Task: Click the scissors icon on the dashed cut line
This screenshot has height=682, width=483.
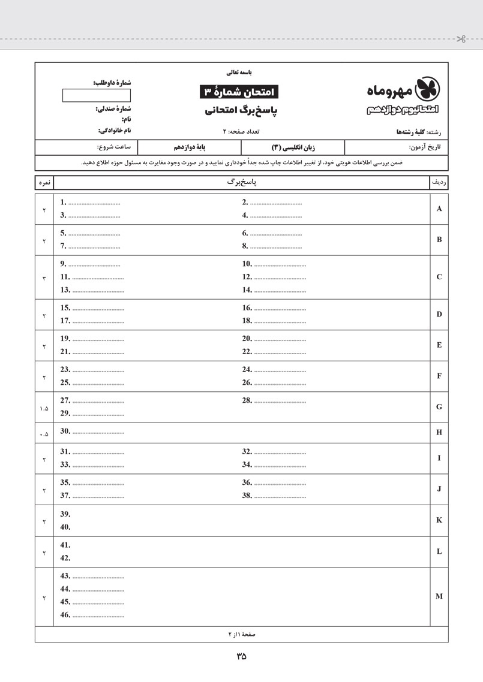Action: pyautogui.click(x=461, y=40)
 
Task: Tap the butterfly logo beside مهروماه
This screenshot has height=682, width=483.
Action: pyautogui.click(x=428, y=88)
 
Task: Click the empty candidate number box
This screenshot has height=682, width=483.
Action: pyautogui.click(x=88, y=95)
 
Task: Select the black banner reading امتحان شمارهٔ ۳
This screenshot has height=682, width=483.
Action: pyautogui.click(x=239, y=92)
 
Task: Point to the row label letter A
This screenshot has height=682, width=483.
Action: pyautogui.click(x=439, y=209)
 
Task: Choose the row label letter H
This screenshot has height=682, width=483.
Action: pyautogui.click(x=439, y=431)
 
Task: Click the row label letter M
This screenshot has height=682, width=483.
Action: pyautogui.click(x=439, y=596)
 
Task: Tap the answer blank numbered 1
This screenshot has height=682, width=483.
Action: pyautogui.click(x=94, y=203)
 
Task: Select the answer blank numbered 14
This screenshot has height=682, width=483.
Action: pyautogui.click(x=279, y=291)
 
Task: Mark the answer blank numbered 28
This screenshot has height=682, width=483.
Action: pyautogui.click(x=279, y=401)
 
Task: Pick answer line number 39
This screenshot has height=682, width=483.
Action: pyautogui.click(x=66, y=514)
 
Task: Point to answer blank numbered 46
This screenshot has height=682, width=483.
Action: pyautogui.click(x=98, y=615)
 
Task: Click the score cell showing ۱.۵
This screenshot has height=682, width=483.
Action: pyautogui.click(x=44, y=409)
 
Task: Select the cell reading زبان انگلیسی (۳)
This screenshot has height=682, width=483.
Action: pyautogui.click(x=293, y=147)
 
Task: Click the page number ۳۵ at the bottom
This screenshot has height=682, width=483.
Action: pyautogui.click(x=241, y=656)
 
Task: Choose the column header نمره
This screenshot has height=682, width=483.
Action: pyautogui.click(x=44, y=182)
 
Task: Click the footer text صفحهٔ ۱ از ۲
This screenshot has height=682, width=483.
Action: pyautogui.click(x=241, y=633)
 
